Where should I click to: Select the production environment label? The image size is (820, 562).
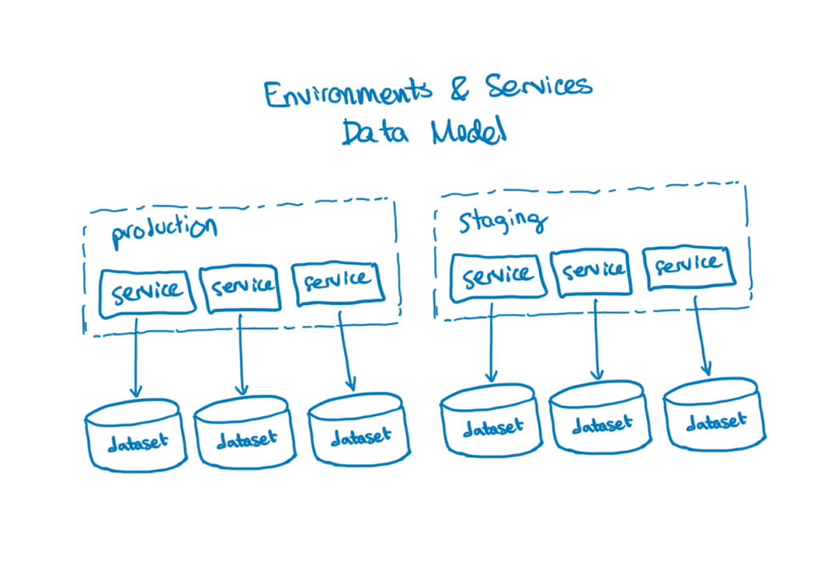(164, 228)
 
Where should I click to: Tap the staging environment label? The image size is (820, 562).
(503, 222)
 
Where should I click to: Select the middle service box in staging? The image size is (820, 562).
(593, 272)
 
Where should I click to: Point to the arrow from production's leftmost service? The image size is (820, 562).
(136, 356)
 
